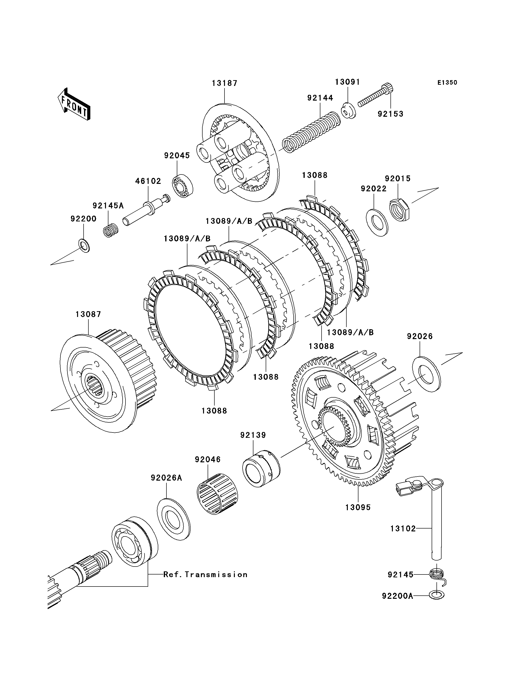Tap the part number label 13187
(224, 83)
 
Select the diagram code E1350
(447, 83)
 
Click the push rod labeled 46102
(146, 210)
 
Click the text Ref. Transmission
(205, 575)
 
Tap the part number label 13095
(358, 507)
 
